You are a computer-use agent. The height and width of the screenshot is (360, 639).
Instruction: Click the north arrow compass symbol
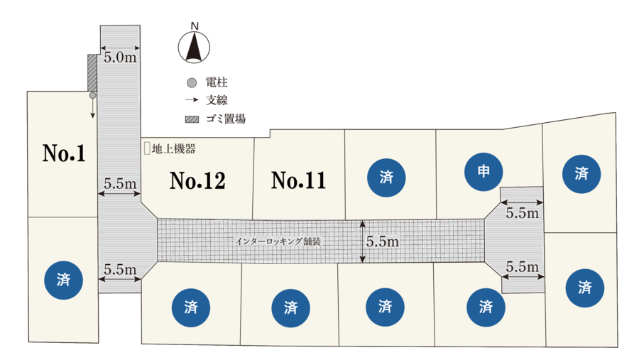[x=194, y=47]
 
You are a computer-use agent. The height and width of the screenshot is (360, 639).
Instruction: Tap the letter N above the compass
[x=195, y=26]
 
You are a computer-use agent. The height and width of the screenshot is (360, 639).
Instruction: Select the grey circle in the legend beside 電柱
[x=192, y=83]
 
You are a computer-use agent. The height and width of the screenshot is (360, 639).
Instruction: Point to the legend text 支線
[x=217, y=100]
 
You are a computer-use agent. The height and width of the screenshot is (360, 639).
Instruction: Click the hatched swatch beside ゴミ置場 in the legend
[x=192, y=119]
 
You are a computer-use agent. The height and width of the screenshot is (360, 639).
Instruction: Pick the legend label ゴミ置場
[x=226, y=119]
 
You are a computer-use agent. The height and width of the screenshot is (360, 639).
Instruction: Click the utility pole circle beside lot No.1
[x=92, y=95]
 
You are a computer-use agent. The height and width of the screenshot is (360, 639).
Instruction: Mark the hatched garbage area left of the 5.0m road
[x=92, y=73]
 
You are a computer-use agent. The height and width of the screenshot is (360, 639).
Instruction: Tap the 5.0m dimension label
[x=120, y=58]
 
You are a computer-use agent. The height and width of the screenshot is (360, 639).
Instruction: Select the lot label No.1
[x=64, y=153]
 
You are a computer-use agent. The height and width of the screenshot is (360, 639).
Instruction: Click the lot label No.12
[x=197, y=180]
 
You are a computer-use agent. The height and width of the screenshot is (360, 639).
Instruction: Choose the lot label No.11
[x=299, y=180]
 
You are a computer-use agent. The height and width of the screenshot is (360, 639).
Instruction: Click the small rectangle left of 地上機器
[x=147, y=148]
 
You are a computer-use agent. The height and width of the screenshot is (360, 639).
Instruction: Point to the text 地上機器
[x=174, y=148]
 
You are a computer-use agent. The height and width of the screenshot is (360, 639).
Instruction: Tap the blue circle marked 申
[x=484, y=172]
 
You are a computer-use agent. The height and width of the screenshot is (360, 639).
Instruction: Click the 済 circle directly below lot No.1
[x=64, y=280]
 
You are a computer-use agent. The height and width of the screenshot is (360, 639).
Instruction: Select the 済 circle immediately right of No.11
[x=386, y=178]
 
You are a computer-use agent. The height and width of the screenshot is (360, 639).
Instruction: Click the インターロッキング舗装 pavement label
[x=278, y=241]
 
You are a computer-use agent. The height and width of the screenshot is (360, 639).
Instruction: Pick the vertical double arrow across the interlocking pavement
[x=362, y=241]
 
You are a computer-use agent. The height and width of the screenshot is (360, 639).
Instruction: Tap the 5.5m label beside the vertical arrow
[x=382, y=241]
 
